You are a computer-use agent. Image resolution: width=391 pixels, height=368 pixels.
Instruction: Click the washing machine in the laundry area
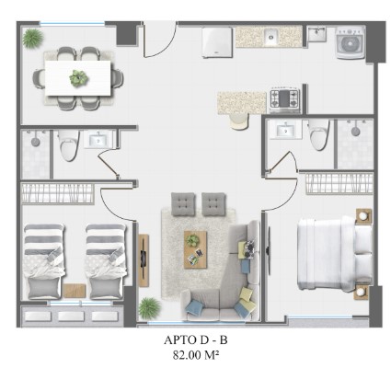click(x=350, y=42)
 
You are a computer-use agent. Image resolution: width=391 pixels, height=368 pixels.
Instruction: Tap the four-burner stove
click(x=284, y=98)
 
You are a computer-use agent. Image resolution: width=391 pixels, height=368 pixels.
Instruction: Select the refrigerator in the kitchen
click(x=217, y=42)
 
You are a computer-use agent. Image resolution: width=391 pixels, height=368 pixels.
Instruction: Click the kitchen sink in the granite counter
click(x=270, y=37)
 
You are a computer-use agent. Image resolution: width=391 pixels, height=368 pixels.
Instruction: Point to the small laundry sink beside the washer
click(x=316, y=33)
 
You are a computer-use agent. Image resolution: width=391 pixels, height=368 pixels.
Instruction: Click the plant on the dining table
click(x=78, y=77)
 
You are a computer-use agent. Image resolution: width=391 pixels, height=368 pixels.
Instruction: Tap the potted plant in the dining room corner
click(x=33, y=38)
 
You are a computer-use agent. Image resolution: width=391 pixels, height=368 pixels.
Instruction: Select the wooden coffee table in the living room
click(x=195, y=249)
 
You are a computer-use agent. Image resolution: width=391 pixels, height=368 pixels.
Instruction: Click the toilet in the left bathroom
click(x=69, y=145)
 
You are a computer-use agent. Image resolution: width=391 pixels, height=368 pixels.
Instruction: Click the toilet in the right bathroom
click(x=319, y=135)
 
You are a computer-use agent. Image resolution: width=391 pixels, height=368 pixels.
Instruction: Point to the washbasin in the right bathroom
click(x=285, y=130)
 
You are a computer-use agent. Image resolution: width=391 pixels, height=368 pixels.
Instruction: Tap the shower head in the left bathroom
click(x=35, y=141)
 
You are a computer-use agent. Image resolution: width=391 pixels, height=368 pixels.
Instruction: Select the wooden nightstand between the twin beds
click(x=75, y=291)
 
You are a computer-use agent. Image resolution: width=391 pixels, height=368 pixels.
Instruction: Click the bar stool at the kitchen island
click(x=239, y=121)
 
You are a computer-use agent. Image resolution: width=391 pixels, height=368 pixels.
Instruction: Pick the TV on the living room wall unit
click(x=144, y=259)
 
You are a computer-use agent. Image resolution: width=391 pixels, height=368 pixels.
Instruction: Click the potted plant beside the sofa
click(x=149, y=307)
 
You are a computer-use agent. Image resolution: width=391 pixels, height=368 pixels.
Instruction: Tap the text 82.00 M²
click(x=196, y=355)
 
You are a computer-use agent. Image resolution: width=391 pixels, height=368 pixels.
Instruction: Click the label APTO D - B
click(x=196, y=339)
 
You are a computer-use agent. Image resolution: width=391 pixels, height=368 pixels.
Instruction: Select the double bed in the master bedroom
click(x=335, y=253)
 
